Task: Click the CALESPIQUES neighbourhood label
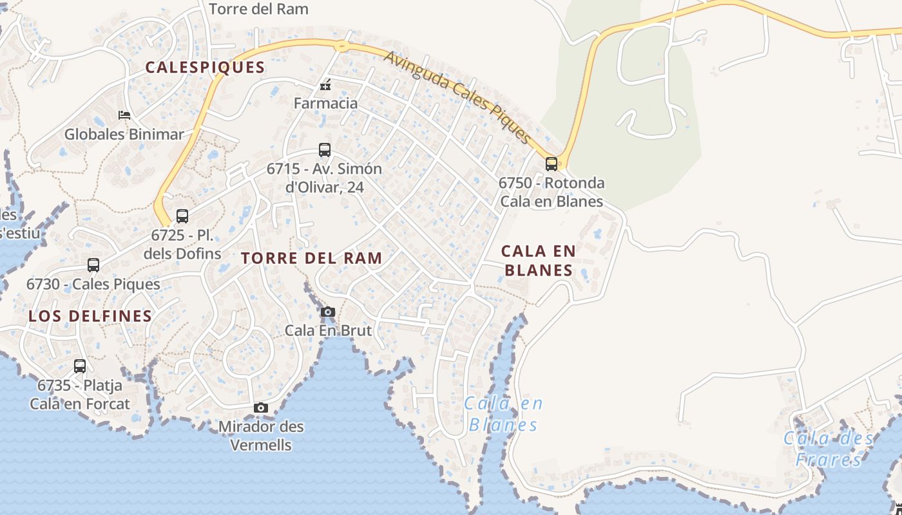[x=205, y=67]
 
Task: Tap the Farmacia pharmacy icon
[x=325, y=84]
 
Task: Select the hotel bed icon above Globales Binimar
[x=124, y=115]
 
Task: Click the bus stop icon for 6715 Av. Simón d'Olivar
[x=325, y=150]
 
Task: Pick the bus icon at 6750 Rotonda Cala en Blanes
[x=551, y=164]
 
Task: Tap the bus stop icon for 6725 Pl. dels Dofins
[x=182, y=216]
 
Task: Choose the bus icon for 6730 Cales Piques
[x=93, y=265]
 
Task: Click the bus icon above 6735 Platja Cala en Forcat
[x=80, y=366]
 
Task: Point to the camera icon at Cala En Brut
[x=328, y=312]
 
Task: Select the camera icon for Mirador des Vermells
[x=261, y=407]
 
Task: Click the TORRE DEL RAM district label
[x=311, y=258]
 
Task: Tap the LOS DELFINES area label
[x=90, y=316]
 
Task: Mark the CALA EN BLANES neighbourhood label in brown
[x=539, y=260]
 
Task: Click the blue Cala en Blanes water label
[x=503, y=414]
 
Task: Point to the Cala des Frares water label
[x=829, y=449]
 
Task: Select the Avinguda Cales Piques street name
[x=457, y=97]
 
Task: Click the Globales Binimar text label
[x=124, y=135]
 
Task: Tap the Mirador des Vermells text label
[x=261, y=435]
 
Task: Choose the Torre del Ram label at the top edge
[x=259, y=9]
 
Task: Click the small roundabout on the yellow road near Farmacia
[x=341, y=46]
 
